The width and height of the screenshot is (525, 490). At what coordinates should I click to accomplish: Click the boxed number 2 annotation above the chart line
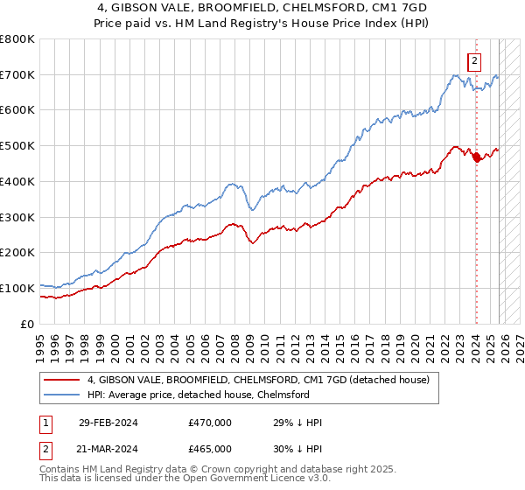[473, 61]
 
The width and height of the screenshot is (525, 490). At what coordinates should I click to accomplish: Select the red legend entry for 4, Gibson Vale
[258, 380]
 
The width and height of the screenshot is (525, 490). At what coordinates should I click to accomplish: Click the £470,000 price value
[210, 423]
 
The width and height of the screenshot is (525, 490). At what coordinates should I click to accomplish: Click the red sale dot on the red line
[476, 157]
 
